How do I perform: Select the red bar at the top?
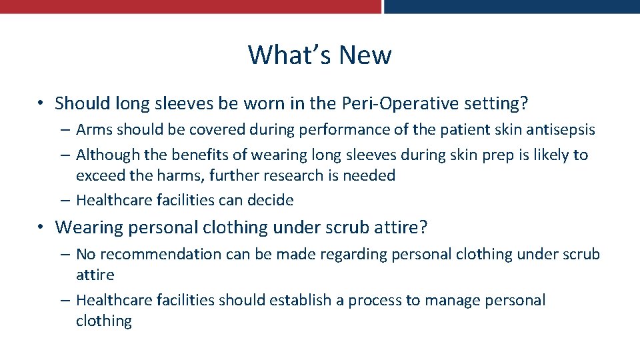click(x=190, y=6)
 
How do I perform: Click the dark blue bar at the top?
click(x=512, y=6)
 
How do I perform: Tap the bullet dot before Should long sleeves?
click(x=41, y=104)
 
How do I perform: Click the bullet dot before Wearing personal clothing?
click(x=41, y=228)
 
